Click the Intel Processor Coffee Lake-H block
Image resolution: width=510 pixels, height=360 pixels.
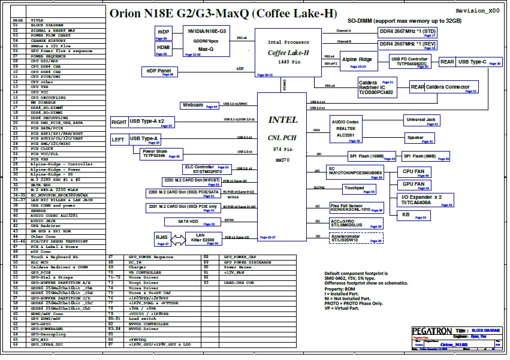coord(288,53)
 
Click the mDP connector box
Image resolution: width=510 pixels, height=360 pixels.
coord(163,34)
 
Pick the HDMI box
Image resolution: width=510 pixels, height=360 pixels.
coord(163,49)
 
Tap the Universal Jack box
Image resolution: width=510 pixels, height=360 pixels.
coord(421,120)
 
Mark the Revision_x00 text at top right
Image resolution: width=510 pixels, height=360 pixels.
coord(477,11)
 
